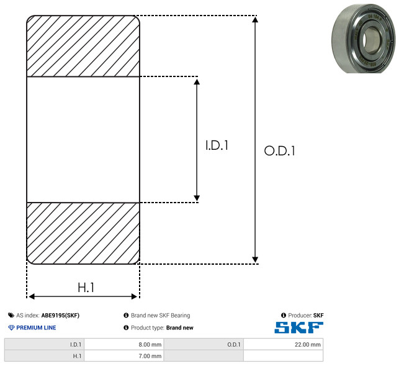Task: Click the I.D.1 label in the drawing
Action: point(217,145)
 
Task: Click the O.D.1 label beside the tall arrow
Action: point(280,150)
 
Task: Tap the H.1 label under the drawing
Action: point(86,288)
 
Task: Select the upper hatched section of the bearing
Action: point(83,46)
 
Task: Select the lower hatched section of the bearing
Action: point(83,233)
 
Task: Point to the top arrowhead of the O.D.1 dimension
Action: point(255,19)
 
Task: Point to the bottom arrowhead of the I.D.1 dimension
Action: point(197,198)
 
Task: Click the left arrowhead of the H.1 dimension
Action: point(32,296)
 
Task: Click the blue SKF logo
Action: point(298,327)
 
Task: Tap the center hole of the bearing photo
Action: point(370,40)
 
